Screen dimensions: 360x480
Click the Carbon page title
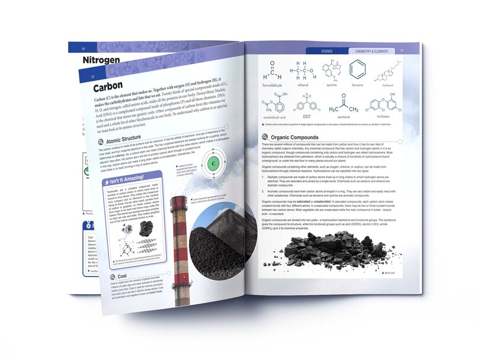point(113,87)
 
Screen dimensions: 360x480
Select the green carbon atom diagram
point(212,163)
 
